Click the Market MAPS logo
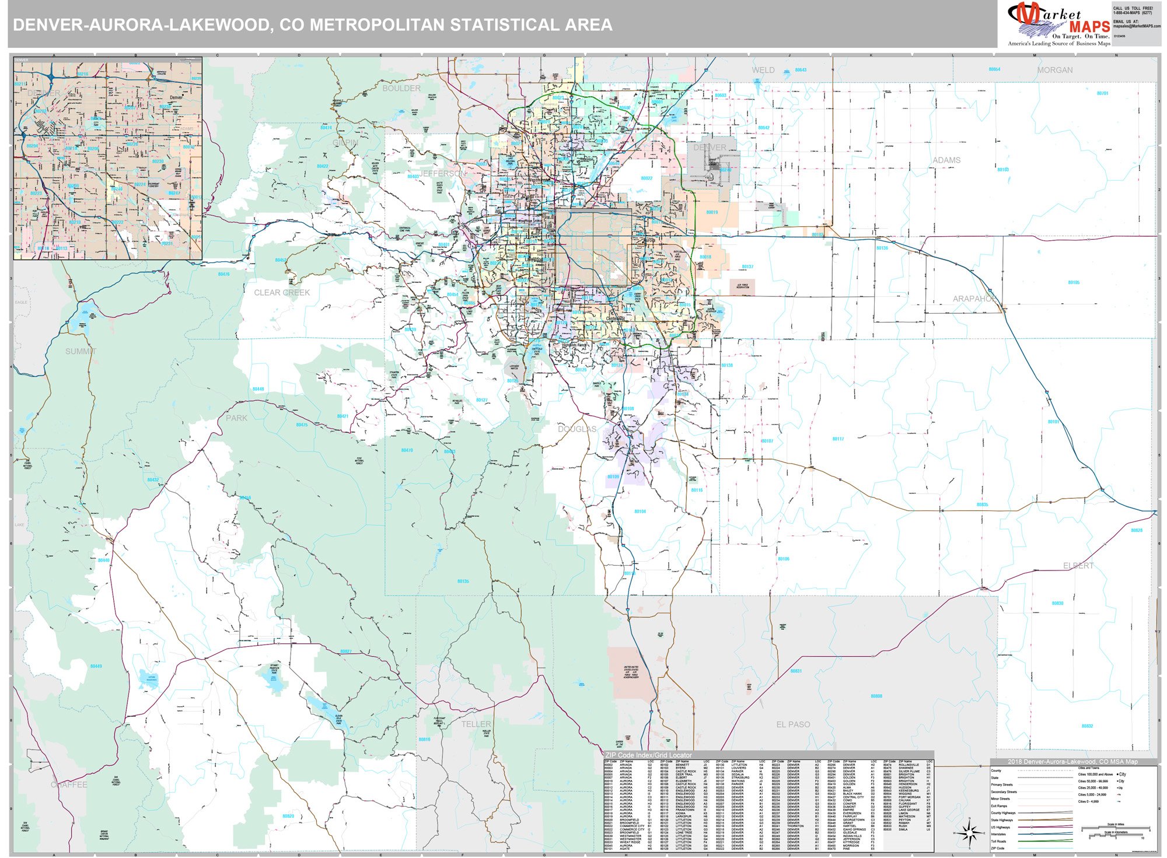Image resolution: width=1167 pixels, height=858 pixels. click(x=1058, y=23)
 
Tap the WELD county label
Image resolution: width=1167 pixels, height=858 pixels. click(x=763, y=70)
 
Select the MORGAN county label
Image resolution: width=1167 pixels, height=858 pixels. click(x=1054, y=70)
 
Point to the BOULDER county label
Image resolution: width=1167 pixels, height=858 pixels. click(x=401, y=88)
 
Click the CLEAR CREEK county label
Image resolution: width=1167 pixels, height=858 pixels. click(x=282, y=292)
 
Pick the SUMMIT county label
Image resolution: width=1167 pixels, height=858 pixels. click(x=81, y=351)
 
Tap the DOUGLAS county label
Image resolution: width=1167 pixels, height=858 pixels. click(x=577, y=429)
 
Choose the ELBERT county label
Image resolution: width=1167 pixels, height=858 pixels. click(x=1078, y=565)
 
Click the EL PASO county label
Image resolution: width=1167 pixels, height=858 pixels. click(x=793, y=724)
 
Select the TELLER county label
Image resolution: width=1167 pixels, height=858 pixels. click(x=476, y=724)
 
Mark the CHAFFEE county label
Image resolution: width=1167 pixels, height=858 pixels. click(x=69, y=785)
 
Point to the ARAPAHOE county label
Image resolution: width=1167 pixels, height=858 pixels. click(x=974, y=299)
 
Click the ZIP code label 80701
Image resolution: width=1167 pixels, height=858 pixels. click(x=1102, y=93)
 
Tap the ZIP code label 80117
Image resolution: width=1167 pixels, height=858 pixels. click(x=838, y=439)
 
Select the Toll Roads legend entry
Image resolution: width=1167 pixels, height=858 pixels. click(x=998, y=841)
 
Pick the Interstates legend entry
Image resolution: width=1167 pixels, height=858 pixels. click(x=998, y=834)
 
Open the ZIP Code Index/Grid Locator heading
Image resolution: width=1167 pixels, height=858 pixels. click(x=648, y=755)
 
